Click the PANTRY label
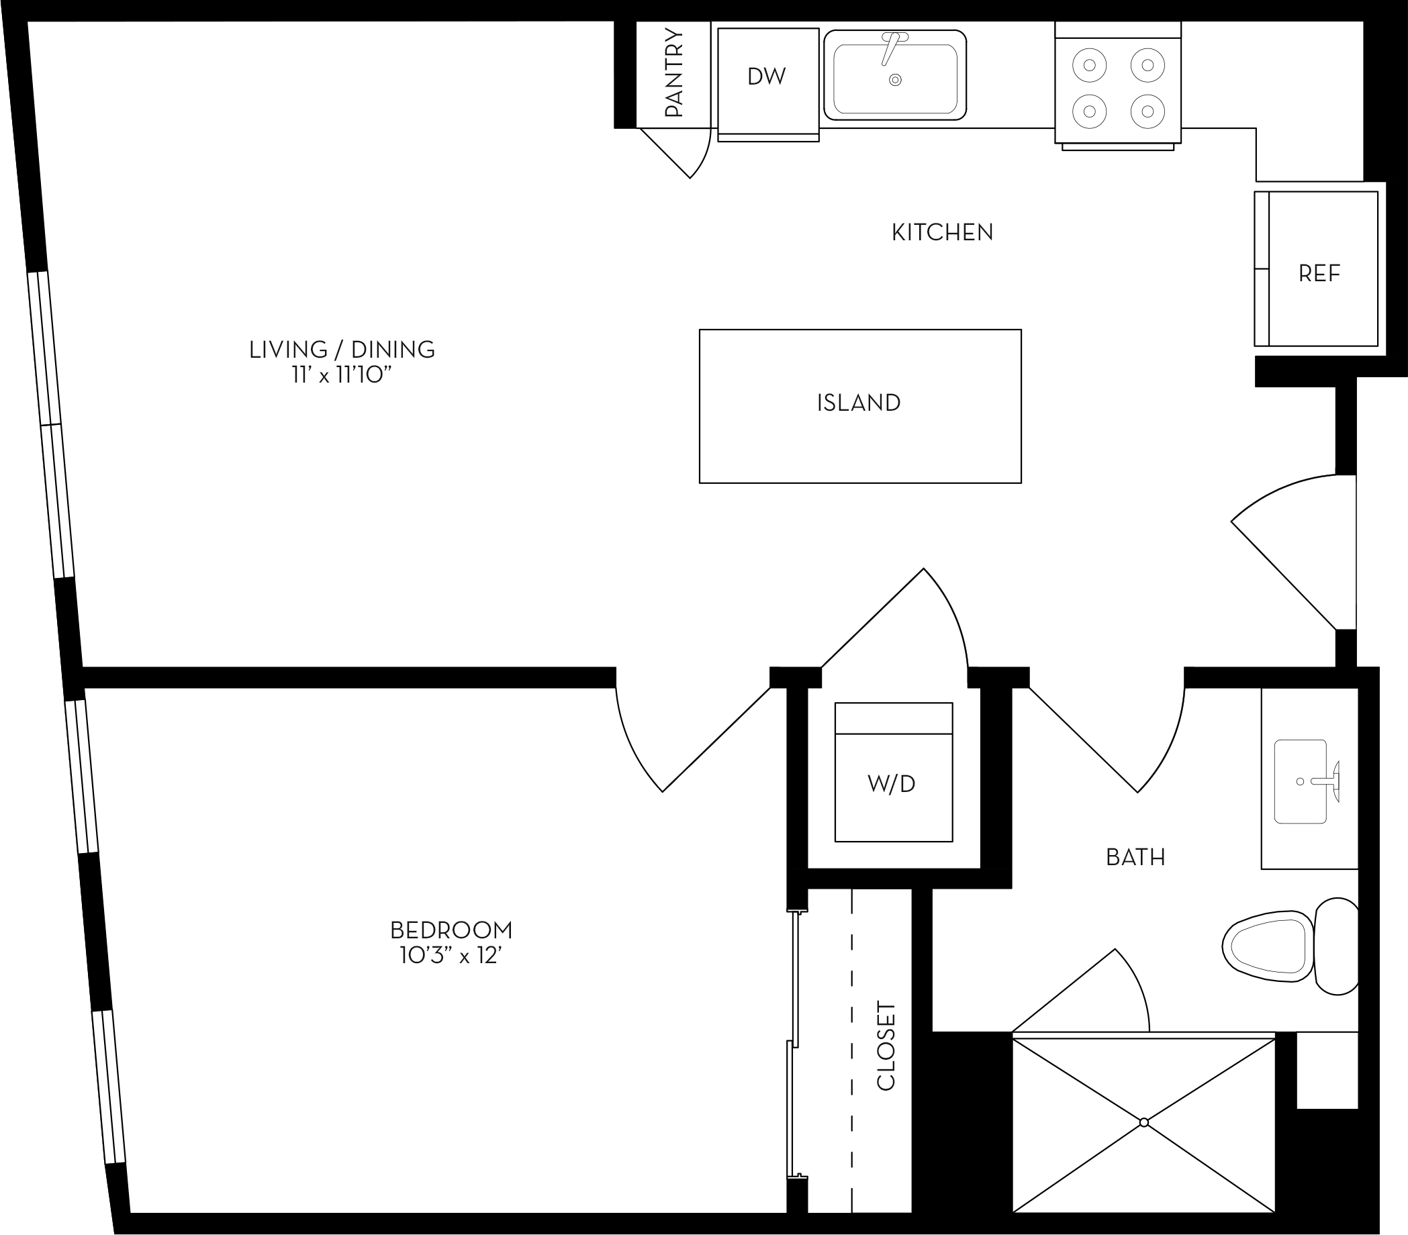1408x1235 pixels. (x=673, y=74)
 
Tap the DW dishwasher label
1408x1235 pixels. (x=767, y=77)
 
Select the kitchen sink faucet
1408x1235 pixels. (x=890, y=48)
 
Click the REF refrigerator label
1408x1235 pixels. (x=1319, y=274)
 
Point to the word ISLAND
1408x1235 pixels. (x=859, y=403)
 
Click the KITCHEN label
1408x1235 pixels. (x=942, y=233)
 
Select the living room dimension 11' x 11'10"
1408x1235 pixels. (x=342, y=375)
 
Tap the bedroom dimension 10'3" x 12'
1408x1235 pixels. (x=451, y=956)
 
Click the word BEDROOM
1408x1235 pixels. (x=451, y=930)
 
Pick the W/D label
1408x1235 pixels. (x=892, y=784)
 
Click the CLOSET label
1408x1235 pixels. (x=886, y=1046)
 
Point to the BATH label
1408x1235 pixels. (x=1135, y=858)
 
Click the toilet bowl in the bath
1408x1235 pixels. (x=1268, y=946)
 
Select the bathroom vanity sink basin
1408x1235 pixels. (x=1300, y=782)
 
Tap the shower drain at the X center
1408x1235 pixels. (x=1144, y=1123)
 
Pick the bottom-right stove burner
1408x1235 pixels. (x=1147, y=110)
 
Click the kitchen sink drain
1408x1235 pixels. (x=896, y=80)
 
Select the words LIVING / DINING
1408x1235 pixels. (x=342, y=350)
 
